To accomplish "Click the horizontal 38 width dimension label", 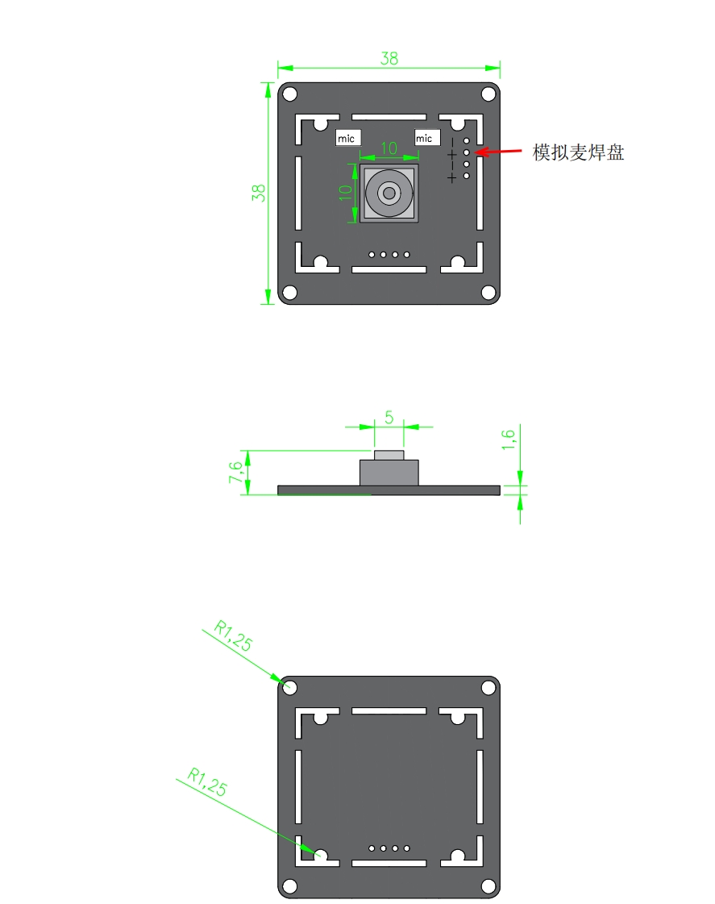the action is [389, 58].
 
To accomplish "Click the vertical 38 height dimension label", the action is [258, 193].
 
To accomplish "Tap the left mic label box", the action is [348, 138].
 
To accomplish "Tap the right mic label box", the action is [427, 138].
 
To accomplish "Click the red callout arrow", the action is [498, 152].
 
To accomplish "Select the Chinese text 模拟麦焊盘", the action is [579, 152].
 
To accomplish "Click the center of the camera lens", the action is [389, 193].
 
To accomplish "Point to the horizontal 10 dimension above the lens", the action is [389, 148].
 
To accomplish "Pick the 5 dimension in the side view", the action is [389, 417].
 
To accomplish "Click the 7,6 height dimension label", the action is [235, 473].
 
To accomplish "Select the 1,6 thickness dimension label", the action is [508, 440].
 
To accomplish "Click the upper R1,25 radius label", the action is [233, 635].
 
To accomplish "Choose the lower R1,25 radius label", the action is [207, 781].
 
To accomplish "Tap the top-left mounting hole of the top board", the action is [290, 94].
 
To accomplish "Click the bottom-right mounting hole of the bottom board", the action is [488, 886].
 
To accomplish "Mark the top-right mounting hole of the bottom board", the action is [488, 687].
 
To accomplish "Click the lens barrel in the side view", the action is [389, 455].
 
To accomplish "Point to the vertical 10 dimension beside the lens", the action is [345, 193].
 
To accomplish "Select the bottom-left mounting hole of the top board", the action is [290, 293].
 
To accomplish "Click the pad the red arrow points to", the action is [467, 152].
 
